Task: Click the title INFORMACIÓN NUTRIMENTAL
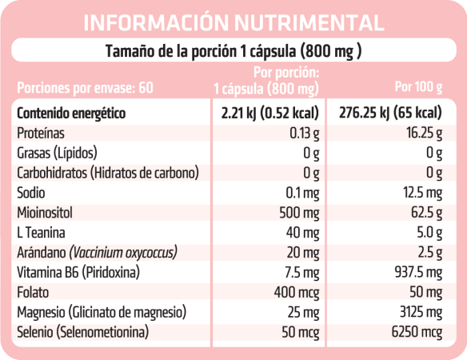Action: tap(233, 22)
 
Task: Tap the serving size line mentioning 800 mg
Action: tap(233, 53)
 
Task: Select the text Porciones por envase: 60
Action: tap(83, 86)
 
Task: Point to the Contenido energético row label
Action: tap(71, 113)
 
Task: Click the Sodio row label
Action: tap(31, 193)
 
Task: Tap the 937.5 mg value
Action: tap(417, 273)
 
